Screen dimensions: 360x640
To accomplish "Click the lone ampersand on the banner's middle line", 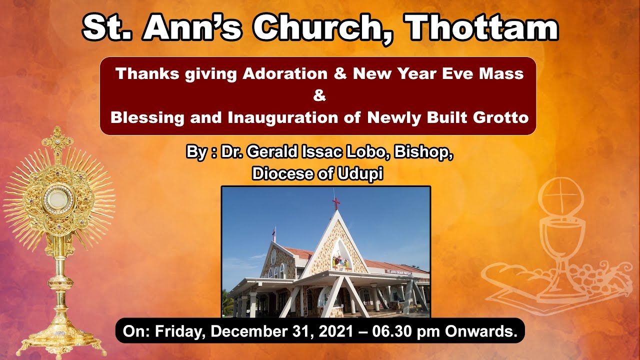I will pyautogui.click(x=319, y=95).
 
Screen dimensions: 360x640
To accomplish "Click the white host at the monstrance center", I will pyautogui.click(x=58, y=199).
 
